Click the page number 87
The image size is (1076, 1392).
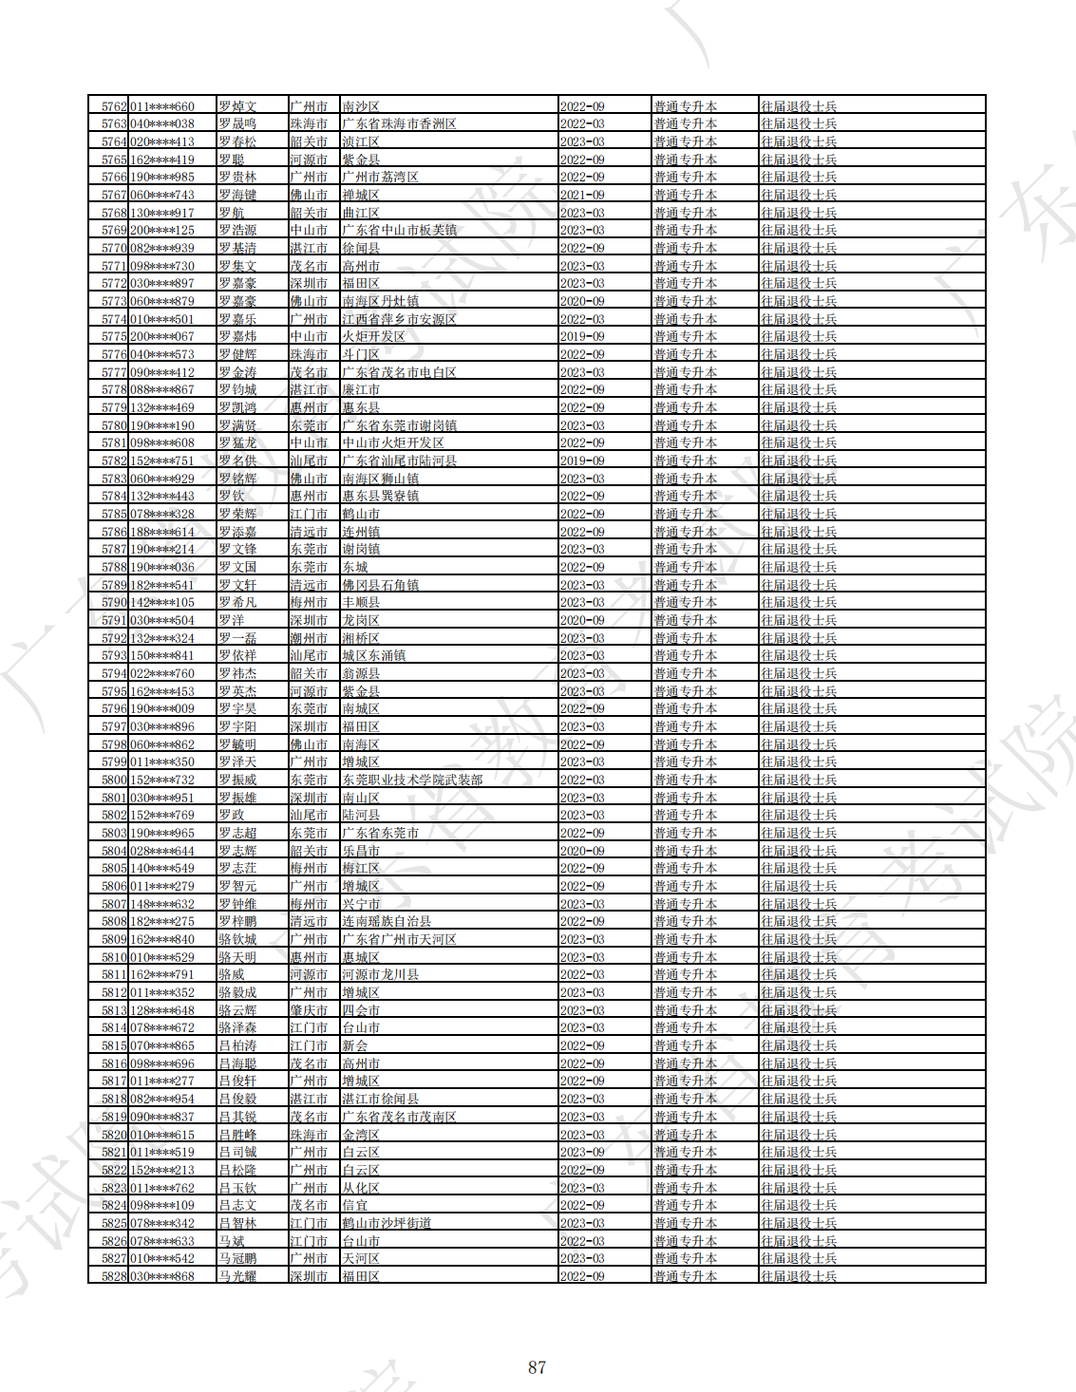tap(537, 1367)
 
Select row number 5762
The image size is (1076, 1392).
tap(114, 106)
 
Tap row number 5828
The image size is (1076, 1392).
tap(114, 1276)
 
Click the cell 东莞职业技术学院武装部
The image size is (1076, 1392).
tap(412, 780)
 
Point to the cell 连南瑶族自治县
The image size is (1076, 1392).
tap(387, 921)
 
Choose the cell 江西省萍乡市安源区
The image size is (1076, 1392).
tap(399, 319)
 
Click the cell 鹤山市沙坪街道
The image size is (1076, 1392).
tap(387, 1223)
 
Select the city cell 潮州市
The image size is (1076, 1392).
tap(309, 638)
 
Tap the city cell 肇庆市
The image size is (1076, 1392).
tap(309, 1010)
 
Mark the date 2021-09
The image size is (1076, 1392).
tap(582, 195)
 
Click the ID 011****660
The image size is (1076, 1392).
tap(161, 106)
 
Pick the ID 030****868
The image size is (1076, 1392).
tap(161, 1276)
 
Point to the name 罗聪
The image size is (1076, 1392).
tap(232, 160)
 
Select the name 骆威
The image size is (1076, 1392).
tap(232, 974)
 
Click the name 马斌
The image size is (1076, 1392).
tap(232, 1241)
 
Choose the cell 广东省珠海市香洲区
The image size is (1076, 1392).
tap(399, 123)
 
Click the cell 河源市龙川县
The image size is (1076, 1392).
tap(380, 974)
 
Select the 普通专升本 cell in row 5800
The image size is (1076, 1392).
tap(685, 780)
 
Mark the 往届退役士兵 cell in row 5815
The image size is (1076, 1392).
tap(799, 1045)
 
